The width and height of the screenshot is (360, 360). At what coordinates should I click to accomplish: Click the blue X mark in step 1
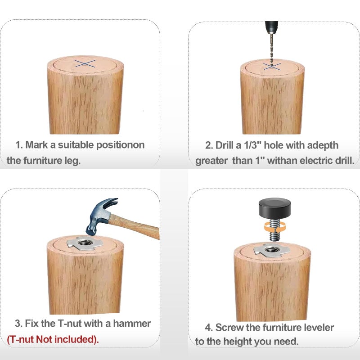click(85, 63)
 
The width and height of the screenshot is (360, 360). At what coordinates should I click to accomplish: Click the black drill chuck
click(271, 27)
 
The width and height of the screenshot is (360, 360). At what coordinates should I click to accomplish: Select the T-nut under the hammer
click(85, 243)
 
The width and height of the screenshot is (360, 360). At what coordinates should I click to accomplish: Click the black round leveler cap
click(274, 208)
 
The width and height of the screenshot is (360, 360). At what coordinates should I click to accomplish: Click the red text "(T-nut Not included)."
click(53, 339)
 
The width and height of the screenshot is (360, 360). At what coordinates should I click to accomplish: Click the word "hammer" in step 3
click(132, 324)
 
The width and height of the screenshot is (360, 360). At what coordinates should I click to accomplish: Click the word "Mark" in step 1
click(36, 145)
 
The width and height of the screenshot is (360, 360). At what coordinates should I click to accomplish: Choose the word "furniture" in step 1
click(43, 161)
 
